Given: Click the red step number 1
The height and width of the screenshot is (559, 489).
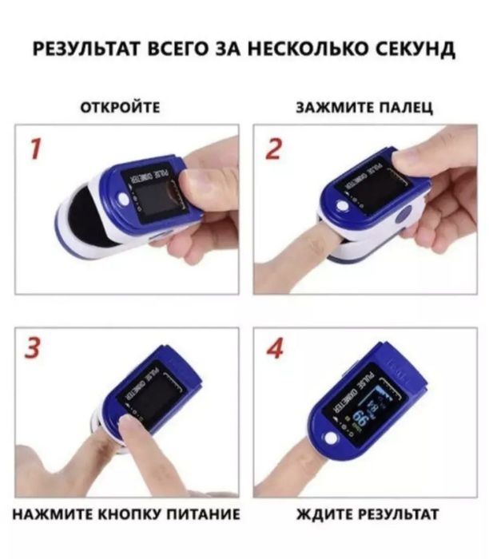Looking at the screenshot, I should click(34, 148).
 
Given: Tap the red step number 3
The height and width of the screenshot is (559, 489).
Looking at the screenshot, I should click(34, 350).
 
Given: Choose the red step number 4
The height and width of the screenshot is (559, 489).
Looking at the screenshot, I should click(274, 350).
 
